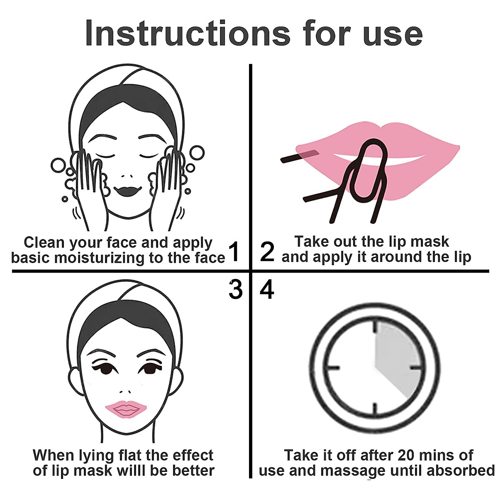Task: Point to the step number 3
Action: point(235,289)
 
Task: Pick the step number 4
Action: point(267,289)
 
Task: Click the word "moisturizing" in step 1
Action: point(101,258)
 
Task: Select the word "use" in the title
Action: point(393,33)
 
